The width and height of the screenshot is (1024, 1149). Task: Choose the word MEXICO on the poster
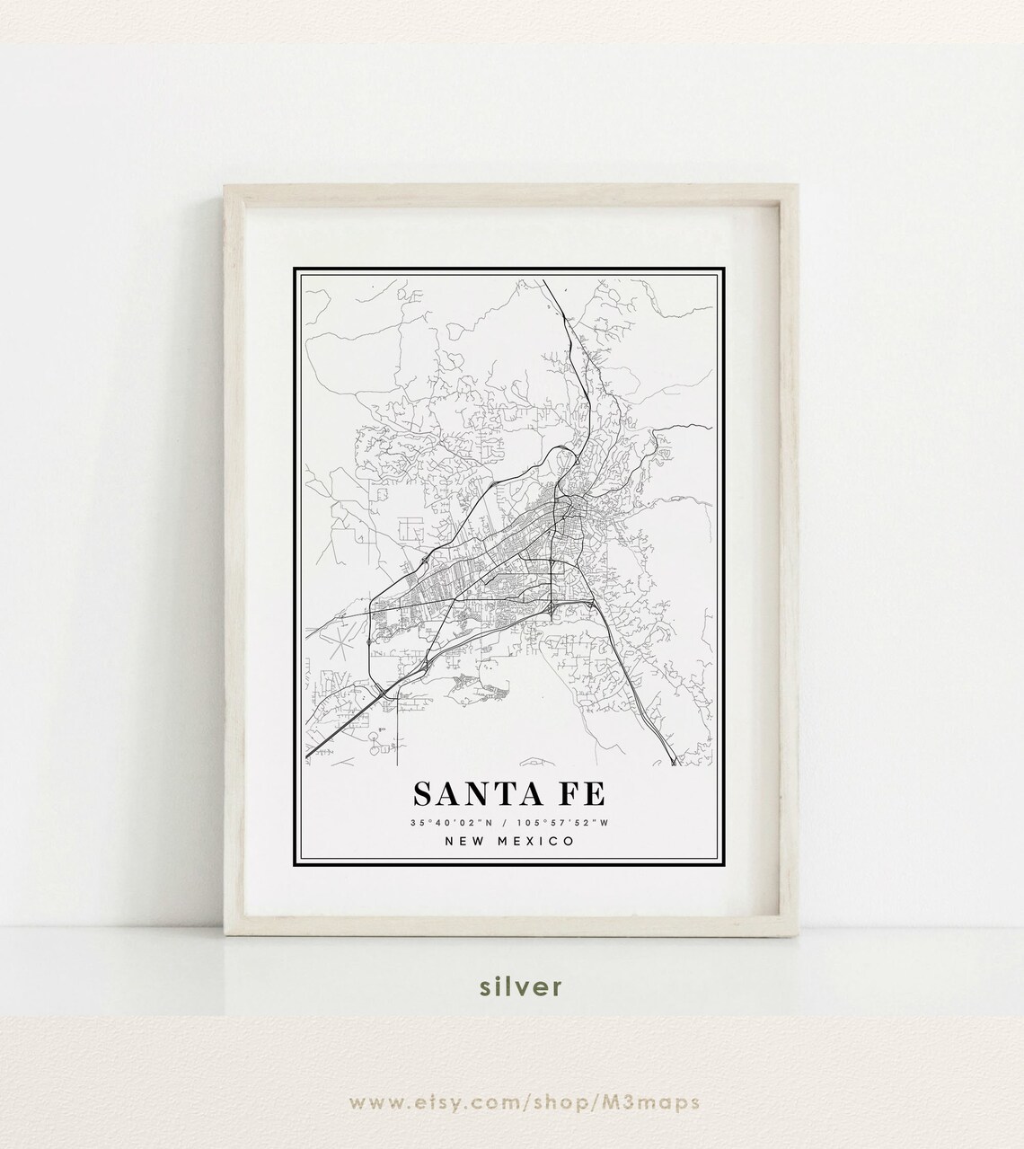(531, 841)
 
